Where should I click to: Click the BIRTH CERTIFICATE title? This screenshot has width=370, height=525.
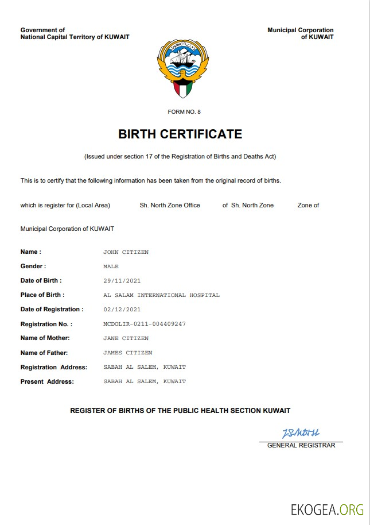(180, 134)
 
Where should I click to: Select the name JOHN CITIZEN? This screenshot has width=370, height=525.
(126, 252)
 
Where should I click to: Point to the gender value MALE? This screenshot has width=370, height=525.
(111, 267)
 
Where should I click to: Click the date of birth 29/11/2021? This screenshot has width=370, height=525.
(122, 281)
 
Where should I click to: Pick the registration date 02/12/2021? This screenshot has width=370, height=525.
(122, 310)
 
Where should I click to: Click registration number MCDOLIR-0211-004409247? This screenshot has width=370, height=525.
(145, 324)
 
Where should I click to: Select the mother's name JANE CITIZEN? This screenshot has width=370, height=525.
(126, 338)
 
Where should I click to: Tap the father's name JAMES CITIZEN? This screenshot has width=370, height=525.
(127, 353)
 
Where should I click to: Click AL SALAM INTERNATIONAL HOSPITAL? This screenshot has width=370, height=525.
(161, 295)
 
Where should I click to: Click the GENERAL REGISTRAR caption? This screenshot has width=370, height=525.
(301, 446)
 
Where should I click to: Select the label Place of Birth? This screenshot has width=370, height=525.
(42, 295)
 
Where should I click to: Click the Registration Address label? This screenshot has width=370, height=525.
(54, 367)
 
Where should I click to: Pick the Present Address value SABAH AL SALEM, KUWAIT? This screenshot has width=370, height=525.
(145, 381)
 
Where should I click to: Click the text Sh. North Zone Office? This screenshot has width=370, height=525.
(170, 205)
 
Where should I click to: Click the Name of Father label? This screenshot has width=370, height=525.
(44, 353)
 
